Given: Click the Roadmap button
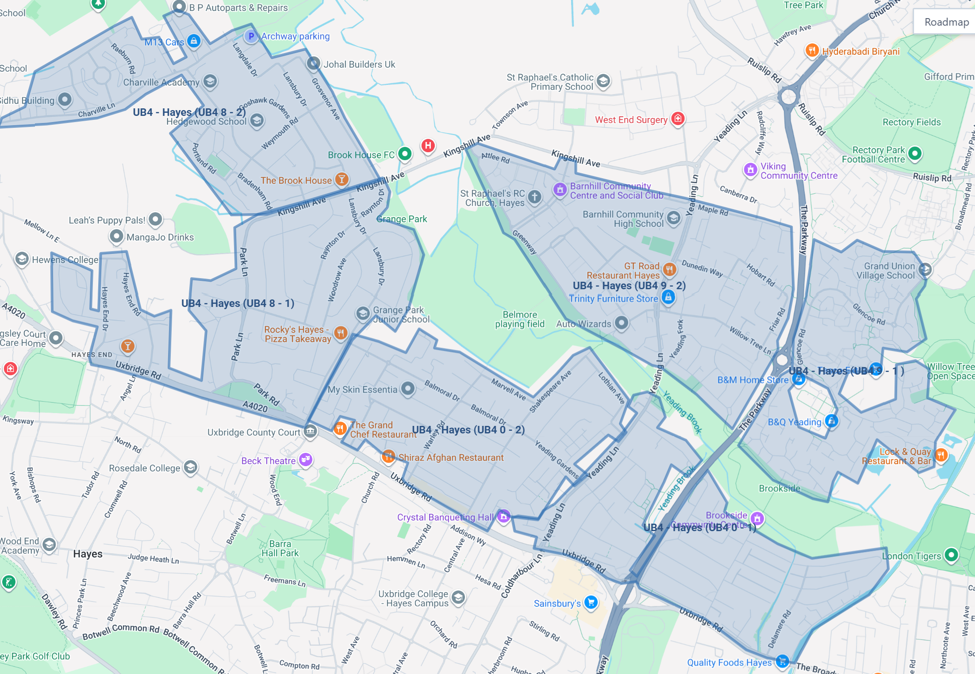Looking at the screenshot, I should tap(946, 22).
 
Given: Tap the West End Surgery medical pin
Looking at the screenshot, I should tap(678, 119).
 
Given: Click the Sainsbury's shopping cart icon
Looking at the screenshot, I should tap(591, 602).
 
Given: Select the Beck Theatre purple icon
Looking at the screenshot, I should tap(306, 460).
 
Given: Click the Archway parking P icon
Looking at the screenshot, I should tap(251, 36).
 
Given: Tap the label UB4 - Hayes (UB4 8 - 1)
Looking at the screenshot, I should tap(238, 303).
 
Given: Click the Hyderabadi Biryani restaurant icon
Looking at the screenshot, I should tap(812, 50).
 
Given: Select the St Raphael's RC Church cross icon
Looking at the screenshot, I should tap(534, 197).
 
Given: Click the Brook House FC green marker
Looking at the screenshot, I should tap(404, 154).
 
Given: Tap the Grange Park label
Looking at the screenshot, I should tap(402, 219).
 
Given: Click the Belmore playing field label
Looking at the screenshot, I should tap(519, 319).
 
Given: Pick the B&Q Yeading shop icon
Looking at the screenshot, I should tap(831, 421).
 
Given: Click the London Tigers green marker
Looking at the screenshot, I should tap(951, 555).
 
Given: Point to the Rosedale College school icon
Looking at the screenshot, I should tap(190, 467).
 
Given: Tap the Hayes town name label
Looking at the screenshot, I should tap(88, 554).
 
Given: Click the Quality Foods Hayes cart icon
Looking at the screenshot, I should tap(782, 661).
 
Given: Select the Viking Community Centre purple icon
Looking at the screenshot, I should tap(750, 169).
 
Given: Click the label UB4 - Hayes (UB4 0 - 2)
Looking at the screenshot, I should tap(468, 430).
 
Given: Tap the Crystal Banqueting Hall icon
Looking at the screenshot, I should tap(503, 516).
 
